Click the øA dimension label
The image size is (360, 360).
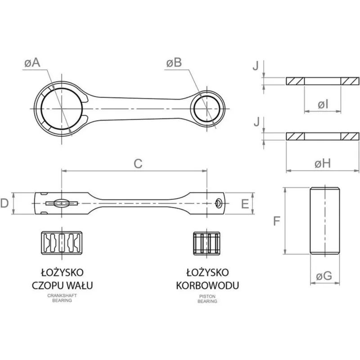32,63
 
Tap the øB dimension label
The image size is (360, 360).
174,63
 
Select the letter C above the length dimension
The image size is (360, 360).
138,164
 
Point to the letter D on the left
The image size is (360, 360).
4,203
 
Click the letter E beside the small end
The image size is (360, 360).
245,204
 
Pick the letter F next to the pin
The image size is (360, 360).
277,221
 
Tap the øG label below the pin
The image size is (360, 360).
324,276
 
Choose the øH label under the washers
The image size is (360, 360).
323,164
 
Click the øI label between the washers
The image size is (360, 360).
323,105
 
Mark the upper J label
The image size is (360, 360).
256,66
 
